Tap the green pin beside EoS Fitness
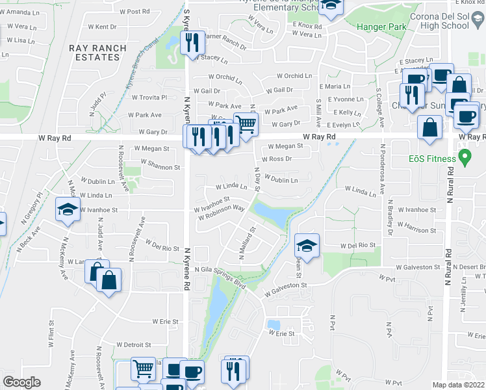click(465, 157)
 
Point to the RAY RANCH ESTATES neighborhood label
click(95, 53)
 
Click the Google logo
click(21, 382)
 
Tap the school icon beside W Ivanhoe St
click(67, 209)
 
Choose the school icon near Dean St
click(307, 246)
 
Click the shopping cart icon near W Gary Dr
click(246, 123)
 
